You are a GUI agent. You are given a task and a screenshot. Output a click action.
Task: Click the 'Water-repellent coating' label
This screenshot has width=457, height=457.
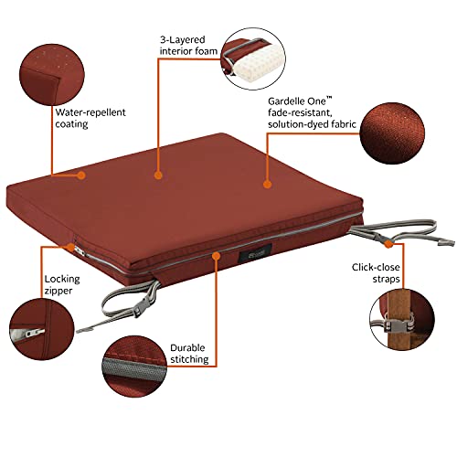coord(90,118)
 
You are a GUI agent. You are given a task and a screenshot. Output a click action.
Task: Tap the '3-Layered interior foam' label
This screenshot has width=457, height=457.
coord(188,46)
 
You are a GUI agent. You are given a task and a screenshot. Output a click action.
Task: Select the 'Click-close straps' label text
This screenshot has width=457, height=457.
coord(376,273)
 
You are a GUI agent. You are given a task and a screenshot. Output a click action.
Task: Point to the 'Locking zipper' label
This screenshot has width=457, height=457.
coord(62,284)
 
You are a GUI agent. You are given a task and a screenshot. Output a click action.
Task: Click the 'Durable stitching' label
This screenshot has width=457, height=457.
coord(189,354)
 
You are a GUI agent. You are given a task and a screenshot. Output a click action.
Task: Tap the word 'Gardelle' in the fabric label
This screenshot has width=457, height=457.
coord(286,101)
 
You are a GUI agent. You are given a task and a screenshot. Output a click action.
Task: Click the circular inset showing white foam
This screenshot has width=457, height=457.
coord(253,58)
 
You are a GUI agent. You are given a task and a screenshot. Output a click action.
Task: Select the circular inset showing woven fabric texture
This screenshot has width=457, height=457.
coord(392,133)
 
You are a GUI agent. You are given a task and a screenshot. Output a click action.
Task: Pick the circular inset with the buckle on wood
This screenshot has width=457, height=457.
coord(402,322)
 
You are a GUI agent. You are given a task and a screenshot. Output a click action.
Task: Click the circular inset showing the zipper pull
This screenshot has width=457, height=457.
coord(42,329)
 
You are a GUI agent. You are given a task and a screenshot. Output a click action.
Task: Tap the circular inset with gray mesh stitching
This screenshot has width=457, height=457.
coord(134,367)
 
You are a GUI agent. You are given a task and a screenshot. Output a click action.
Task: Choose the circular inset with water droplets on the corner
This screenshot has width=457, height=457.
coord(52,75)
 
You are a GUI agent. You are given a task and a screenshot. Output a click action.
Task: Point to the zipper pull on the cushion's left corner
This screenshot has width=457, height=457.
coord(80,251)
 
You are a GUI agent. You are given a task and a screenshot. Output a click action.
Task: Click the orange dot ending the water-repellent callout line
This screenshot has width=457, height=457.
coord(81,175)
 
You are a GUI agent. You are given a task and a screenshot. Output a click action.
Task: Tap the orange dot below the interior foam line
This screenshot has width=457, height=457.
coord(157,175)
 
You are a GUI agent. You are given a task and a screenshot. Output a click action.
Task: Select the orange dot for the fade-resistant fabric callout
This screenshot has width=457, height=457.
coord(267,184)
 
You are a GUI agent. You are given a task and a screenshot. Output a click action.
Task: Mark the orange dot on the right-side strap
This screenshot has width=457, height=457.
coord(388,244)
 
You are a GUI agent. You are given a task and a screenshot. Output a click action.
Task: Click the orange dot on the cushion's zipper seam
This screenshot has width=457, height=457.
coord(216,255)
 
